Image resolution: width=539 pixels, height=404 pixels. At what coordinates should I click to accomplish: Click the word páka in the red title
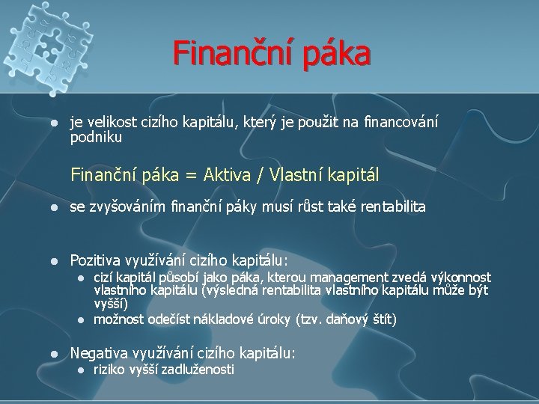coord(336,53)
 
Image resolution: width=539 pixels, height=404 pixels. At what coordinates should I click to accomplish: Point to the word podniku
coord(96,138)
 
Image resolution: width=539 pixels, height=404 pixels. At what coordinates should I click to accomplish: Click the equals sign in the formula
coord(192,175)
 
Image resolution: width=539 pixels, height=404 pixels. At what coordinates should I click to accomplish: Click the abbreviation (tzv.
coord(312,319)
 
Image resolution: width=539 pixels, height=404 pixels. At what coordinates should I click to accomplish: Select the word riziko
coord(108,370)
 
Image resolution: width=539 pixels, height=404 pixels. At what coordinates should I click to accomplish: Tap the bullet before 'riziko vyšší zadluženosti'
coord(82,370)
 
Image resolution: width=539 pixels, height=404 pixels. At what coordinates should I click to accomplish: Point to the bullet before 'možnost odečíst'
coord(82,320)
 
